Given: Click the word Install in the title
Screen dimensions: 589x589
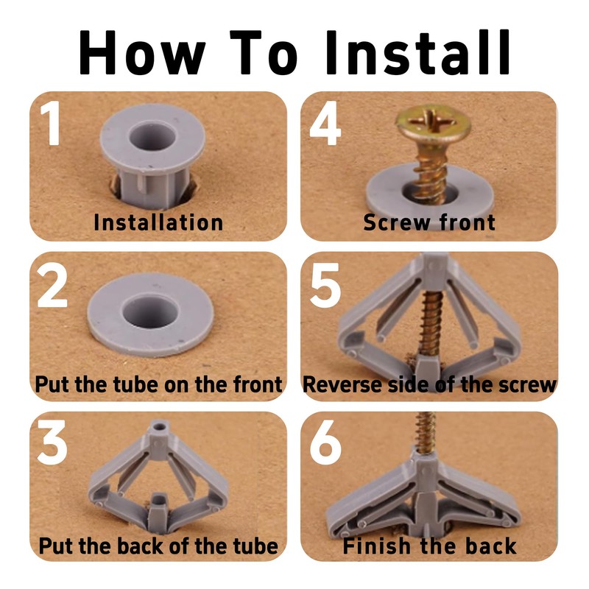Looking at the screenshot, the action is (x=418, y=52).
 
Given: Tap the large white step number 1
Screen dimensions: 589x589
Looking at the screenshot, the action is (x=51, y=123).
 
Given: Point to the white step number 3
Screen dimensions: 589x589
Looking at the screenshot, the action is (x=52, y=442).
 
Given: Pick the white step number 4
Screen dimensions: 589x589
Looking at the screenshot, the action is (x=325, y=123).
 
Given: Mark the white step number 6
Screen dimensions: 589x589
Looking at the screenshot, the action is (x=325, y=442).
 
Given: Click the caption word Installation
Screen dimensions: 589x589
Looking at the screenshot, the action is (x=158, y=222).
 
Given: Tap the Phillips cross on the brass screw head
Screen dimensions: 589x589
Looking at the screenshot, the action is (x=432, y=120).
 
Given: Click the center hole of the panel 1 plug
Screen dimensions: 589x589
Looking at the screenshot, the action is (x=152, y=135).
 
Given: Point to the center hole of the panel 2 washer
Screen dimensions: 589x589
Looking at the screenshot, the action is (x=149, y=311).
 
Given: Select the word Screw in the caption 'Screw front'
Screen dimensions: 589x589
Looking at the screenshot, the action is (x=397, y=222).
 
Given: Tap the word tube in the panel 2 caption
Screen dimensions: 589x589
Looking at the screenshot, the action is (x=136, y=384).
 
